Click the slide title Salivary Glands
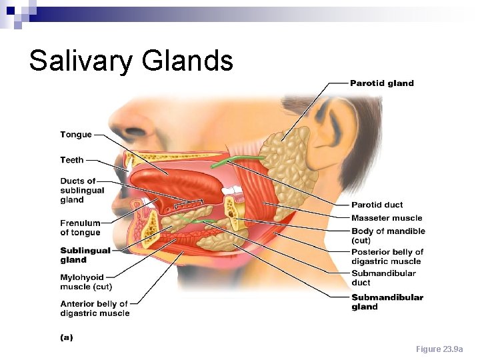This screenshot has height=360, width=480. tap(131, 61)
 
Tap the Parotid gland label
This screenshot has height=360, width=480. tap(382, 83)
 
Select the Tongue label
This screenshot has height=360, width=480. tap(76, 135)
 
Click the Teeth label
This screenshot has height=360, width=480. tap(72, 160)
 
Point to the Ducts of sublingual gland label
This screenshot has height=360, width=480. tap(82, 191)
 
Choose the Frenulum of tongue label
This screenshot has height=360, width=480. tap(80, 228)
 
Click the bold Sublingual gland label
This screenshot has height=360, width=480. tap(85, 255)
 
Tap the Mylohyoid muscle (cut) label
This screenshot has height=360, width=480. tap(86, 282)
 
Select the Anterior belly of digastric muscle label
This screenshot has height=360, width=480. tap(95, 309)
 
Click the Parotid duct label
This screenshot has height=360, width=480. tap(377, 205)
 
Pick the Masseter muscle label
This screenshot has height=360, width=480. tap(387, 218)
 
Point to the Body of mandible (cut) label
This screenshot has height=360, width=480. tap(388, 235)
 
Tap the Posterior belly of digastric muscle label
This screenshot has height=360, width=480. tap(387, 257)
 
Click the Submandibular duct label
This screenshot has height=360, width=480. tap(383, 277)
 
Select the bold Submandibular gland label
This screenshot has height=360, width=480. tap(387, 302)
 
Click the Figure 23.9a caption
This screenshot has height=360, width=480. tap(439, 349)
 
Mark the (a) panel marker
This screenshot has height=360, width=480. tap(67, 337)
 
